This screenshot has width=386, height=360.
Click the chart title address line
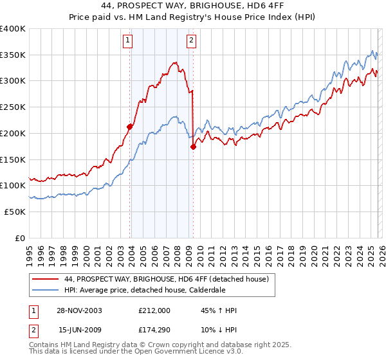coord(192,6)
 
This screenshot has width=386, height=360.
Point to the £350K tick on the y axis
coord(13,55)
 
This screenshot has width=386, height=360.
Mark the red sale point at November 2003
coord(130,127)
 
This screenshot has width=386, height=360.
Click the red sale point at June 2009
coord(193,147)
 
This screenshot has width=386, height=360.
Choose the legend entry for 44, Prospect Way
coord(170,278)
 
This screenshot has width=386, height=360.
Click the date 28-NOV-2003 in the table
coord(80,310)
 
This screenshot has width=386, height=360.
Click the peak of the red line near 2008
coord(176,62)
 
